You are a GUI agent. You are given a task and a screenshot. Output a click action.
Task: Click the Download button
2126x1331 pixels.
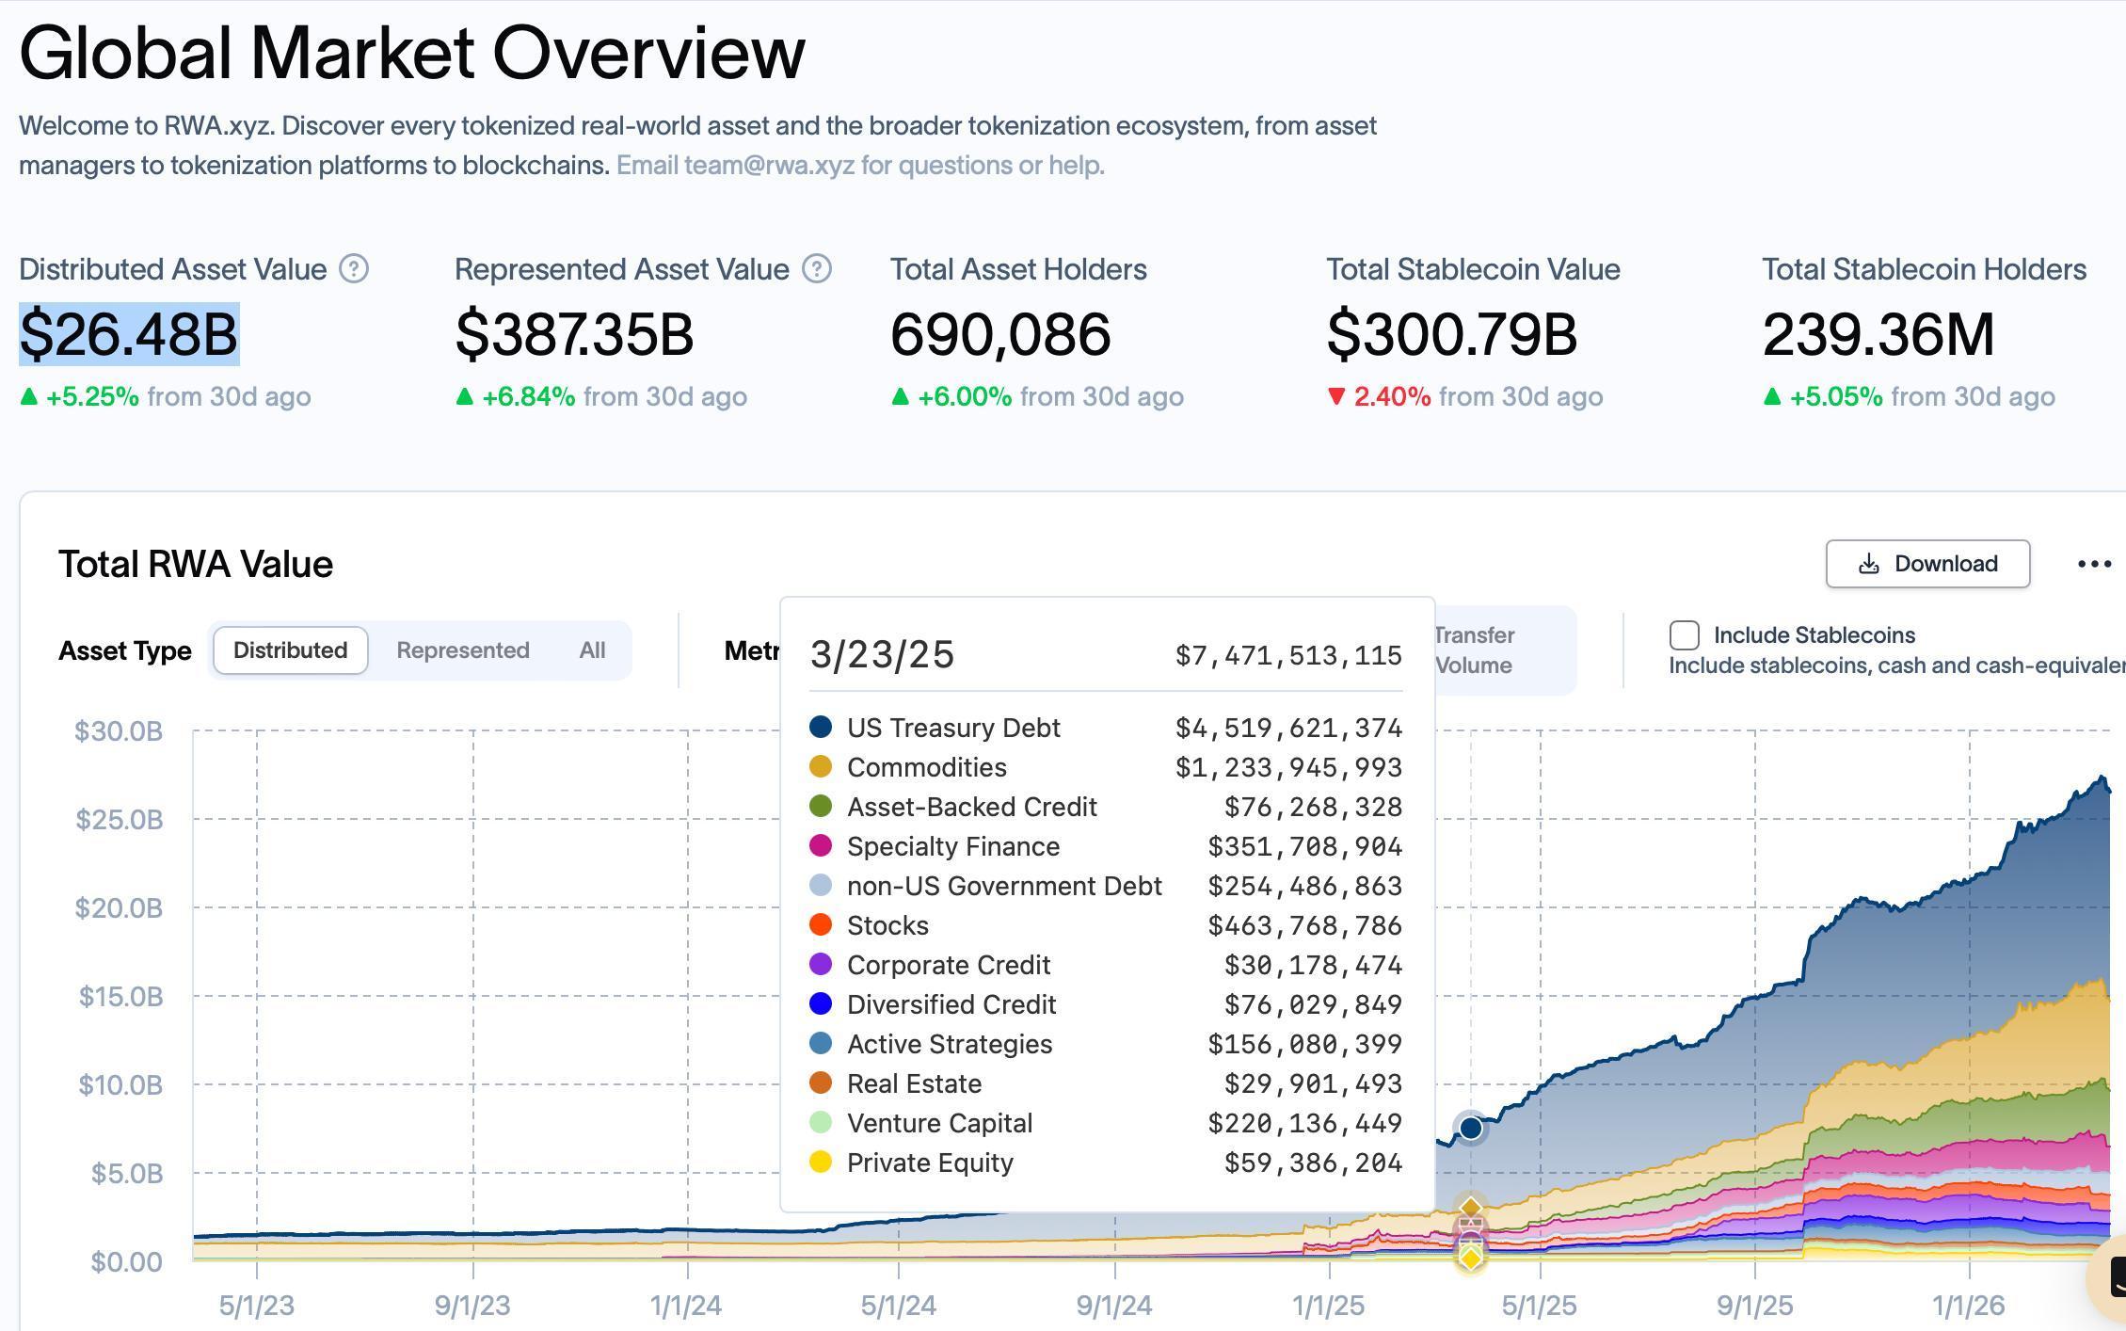1926,564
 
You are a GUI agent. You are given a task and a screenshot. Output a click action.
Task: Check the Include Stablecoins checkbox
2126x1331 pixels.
1684,635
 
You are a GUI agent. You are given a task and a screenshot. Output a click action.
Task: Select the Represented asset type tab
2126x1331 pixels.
462,650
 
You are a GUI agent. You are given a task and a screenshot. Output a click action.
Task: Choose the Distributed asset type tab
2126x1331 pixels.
290,650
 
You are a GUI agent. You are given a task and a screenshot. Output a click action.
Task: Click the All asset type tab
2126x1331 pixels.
592,650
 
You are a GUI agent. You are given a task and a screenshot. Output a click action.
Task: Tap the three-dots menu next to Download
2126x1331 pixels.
2094,564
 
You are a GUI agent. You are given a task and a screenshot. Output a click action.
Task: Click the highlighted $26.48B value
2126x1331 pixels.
129,334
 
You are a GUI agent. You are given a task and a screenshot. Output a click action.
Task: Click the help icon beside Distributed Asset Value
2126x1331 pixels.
354,269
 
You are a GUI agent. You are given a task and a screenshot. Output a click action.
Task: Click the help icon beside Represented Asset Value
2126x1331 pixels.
816,269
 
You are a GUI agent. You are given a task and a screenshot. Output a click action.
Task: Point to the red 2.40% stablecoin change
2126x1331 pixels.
1391,396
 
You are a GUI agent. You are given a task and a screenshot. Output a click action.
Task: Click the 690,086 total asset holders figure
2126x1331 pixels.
1000,334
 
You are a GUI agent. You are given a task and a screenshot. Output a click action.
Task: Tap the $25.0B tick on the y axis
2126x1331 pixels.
120,819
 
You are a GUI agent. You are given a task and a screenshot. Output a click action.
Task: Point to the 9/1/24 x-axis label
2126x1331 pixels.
1114,1306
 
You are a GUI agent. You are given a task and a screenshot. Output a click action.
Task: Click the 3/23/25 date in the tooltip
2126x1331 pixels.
882,654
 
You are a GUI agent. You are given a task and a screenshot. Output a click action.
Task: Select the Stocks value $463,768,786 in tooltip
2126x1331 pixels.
1304,925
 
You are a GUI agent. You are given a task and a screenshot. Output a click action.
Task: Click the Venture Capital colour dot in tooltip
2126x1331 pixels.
821,1123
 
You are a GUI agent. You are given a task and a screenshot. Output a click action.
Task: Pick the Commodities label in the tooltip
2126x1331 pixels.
926,767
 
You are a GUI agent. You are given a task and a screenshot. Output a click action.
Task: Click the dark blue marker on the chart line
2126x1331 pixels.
1470,1127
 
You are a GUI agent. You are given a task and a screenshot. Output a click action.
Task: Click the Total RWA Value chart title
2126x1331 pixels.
196,564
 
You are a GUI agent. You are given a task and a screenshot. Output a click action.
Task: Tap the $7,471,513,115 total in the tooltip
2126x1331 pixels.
1288,655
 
